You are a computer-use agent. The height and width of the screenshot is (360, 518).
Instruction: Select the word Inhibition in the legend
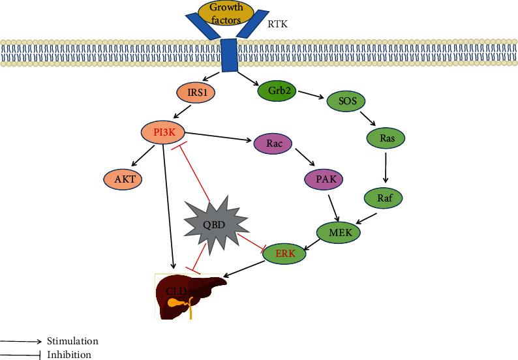[x=69, y=355]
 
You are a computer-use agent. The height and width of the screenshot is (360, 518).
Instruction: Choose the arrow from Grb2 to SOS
[x=312, y=96]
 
